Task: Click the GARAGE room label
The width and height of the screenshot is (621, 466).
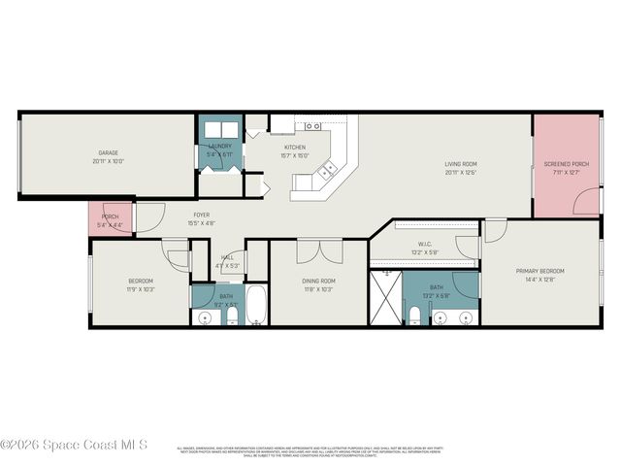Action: pos(108,152)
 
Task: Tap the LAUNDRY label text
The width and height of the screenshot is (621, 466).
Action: pos(219,147)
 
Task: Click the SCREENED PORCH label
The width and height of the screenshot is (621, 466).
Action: pos(566,164)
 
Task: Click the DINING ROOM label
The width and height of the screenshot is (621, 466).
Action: pos(317,281)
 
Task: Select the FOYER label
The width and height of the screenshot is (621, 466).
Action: pos(201,215)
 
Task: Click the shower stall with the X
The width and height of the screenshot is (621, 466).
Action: pos(385,297)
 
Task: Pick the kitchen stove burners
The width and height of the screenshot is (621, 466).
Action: pos(312,126)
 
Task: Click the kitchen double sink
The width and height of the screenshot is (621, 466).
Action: pos(327,170)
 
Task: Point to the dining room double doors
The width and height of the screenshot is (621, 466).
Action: pos(318,250)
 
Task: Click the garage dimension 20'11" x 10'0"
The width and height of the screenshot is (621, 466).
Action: pos(108,161)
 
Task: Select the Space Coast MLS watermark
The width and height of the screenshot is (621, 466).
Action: pos(74,445)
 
